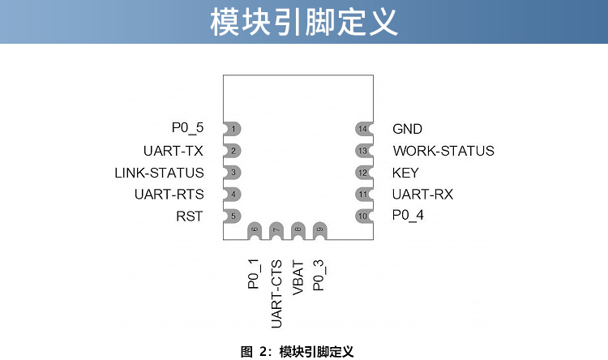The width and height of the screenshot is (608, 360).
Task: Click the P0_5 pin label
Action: [x=187, y=128]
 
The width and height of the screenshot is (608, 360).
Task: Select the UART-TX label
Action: [x=173, y=151]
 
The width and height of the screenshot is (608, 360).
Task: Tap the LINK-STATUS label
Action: [x=159, y=173]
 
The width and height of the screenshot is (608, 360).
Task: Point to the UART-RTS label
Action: [x=169, y=195]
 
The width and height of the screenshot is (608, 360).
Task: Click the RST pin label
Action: [x=189, y=216]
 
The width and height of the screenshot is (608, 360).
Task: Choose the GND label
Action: [x=407, y=129]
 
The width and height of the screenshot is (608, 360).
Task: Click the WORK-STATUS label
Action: [x=443, y=151]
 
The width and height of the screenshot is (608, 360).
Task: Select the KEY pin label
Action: [x=405, y=173]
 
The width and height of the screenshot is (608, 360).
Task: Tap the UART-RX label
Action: [x=422, y=195]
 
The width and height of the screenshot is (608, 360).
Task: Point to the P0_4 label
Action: [x=408, y=216]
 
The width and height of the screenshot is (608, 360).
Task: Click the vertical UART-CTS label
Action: [x=276, y=294]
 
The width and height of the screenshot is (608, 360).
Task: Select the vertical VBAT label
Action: [x=298, y=276]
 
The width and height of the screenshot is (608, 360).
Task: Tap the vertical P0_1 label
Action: [x=254, y=274]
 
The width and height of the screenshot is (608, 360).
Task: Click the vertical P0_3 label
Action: [x=319, y=274]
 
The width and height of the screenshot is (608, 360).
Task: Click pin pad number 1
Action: [x=233, y=129]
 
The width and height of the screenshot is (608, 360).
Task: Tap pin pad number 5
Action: [x=233, y=216]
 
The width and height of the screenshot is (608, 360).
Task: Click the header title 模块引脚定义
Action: [x=304, y=22]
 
